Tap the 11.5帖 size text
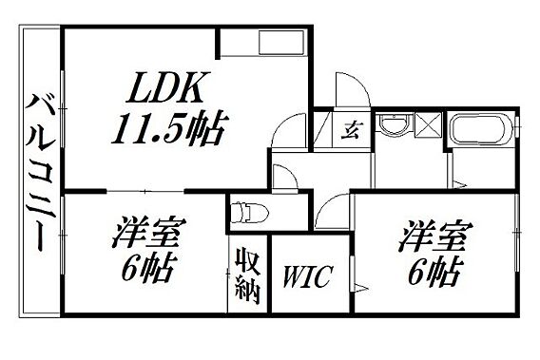click(x=169, y=127)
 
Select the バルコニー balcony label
click(x=41, y=173)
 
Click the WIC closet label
click(x=307, y=276)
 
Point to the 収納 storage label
click(x=247, y=275)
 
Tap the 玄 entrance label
click(x=351, y=130)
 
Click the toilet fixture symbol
click(x=249, y=213)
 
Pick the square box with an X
click(x=428, y=125)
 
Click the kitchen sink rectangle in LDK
click(x=281, y=43)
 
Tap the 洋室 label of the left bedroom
click(x=148, y=232)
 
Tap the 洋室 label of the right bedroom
click(x=435, y=237)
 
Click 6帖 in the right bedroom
click(x=434, y=272)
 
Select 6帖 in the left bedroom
click(x=147, y=268)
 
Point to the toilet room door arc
click(x=289, y=171)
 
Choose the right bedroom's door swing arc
click(x=327, y=205)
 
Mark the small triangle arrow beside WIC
click(x=361, y=288)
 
